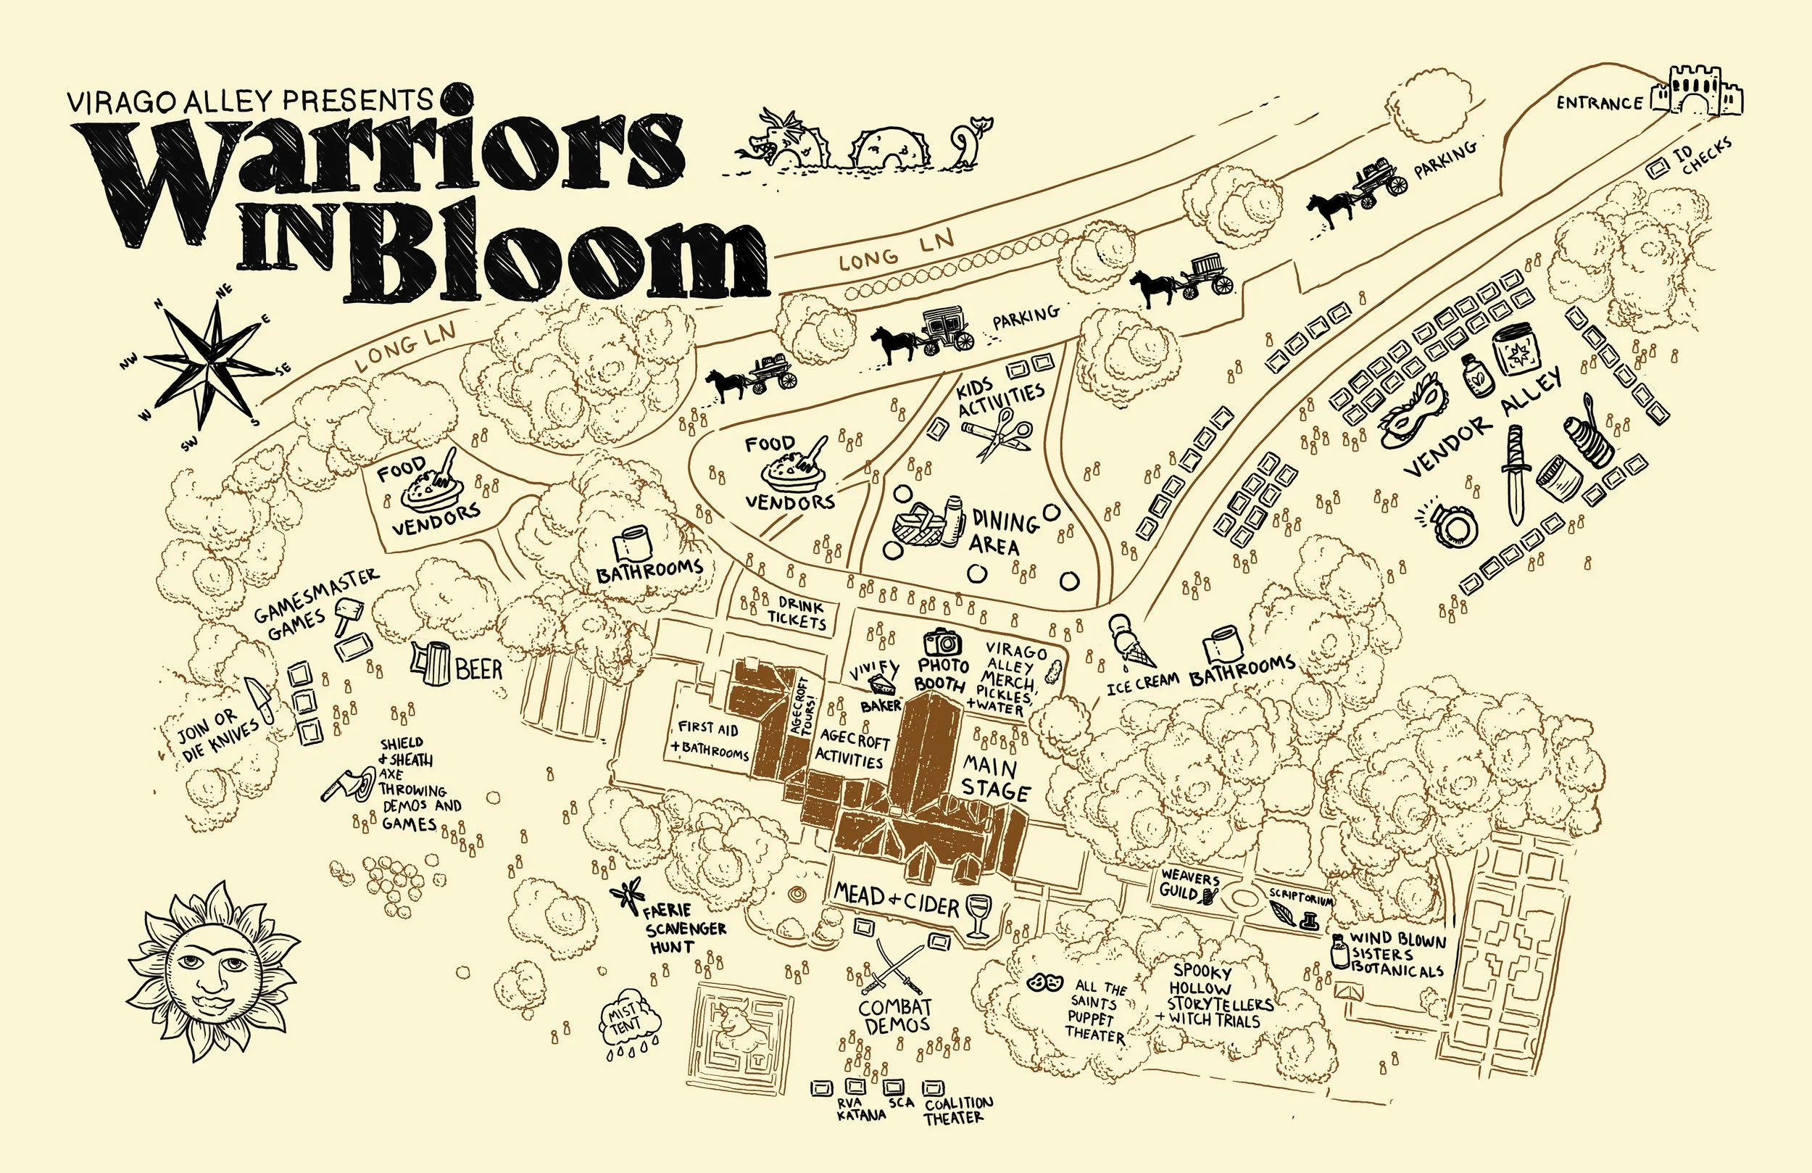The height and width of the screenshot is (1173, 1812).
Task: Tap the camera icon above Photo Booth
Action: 943,642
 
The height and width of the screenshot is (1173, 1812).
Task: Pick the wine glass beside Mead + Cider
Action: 978,915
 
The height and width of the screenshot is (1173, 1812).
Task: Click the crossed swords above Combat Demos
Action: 893,966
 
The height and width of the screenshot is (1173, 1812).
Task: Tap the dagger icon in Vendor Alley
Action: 1513,472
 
